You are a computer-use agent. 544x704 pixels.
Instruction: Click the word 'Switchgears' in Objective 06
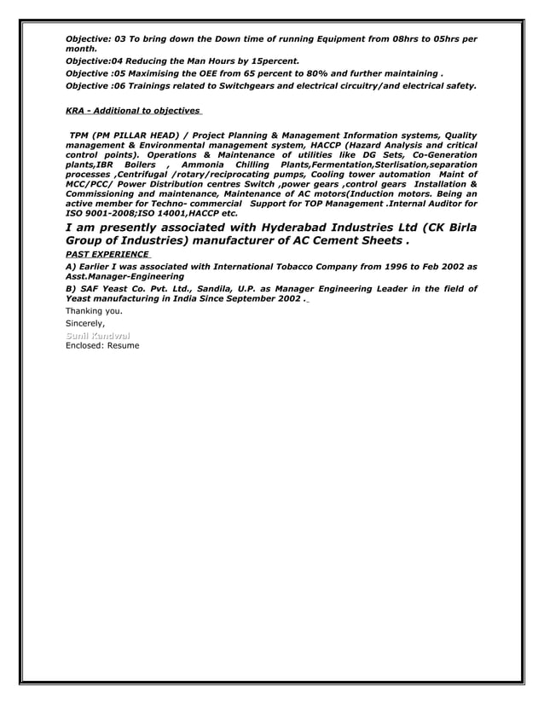coord(242,86)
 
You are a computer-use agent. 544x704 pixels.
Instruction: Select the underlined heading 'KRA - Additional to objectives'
coord(133,111)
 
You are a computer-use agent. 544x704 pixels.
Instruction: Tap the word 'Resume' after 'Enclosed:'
coord(122,346)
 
